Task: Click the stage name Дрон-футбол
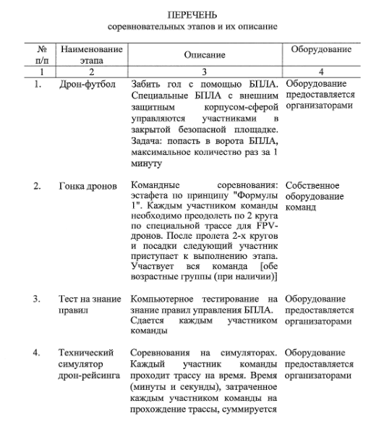(x=88, y=85)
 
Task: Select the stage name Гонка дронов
(x=88, y=187)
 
